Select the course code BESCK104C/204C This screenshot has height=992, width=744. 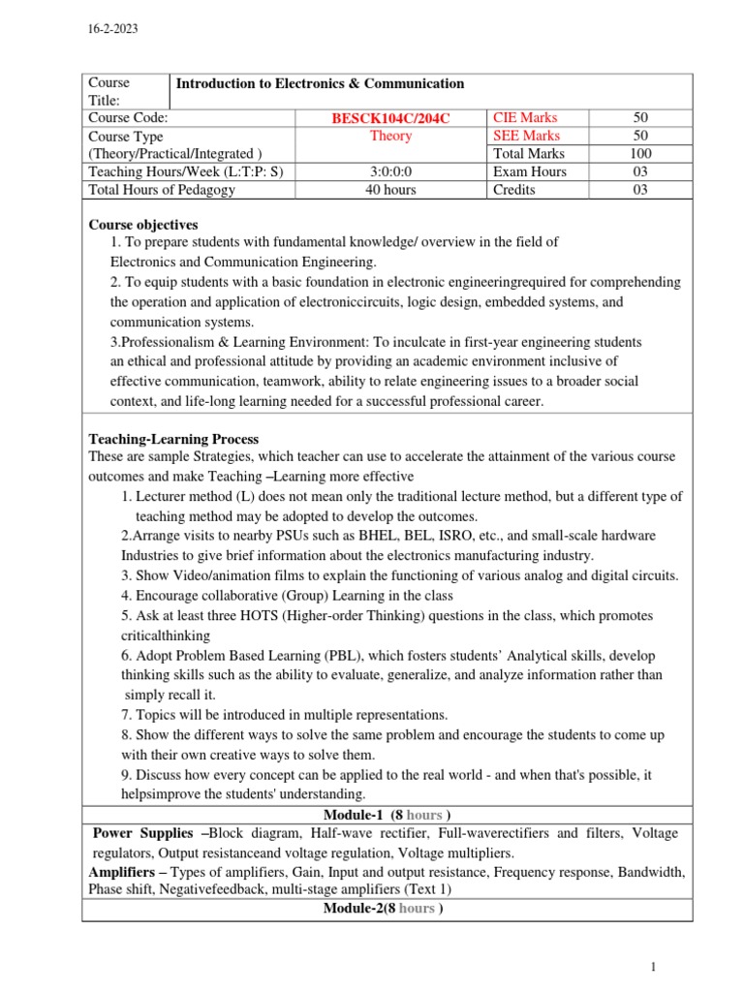391,118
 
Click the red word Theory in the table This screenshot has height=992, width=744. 390,136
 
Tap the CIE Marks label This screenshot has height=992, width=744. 525,118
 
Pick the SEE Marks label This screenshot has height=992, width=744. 526,136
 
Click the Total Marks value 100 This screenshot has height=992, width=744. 640,154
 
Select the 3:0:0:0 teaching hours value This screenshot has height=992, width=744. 390,171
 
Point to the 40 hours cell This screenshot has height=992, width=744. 390,190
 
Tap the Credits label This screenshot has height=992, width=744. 514,190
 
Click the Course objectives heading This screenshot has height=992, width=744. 143,225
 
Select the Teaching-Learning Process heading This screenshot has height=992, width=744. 173,439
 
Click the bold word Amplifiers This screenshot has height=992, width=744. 123,872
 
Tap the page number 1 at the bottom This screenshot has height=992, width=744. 654,966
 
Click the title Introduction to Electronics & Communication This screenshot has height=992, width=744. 320,83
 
